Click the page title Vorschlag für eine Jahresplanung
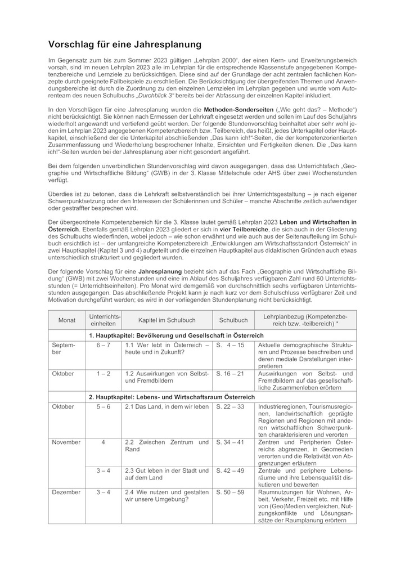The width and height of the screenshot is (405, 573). point(124,44)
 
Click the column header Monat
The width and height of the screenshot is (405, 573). point(66,320)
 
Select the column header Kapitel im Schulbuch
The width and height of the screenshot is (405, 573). point(167,320)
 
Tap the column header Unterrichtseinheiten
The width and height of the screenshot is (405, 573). point(103,320)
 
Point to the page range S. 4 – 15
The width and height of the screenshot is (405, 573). point(230,345)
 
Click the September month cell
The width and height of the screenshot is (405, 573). point(62,348)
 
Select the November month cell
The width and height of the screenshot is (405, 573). point(66,442)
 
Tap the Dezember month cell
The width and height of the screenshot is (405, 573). point(66,493)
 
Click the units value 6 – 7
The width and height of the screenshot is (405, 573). point(103,345)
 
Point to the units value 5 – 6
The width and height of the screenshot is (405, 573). point(103,406)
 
